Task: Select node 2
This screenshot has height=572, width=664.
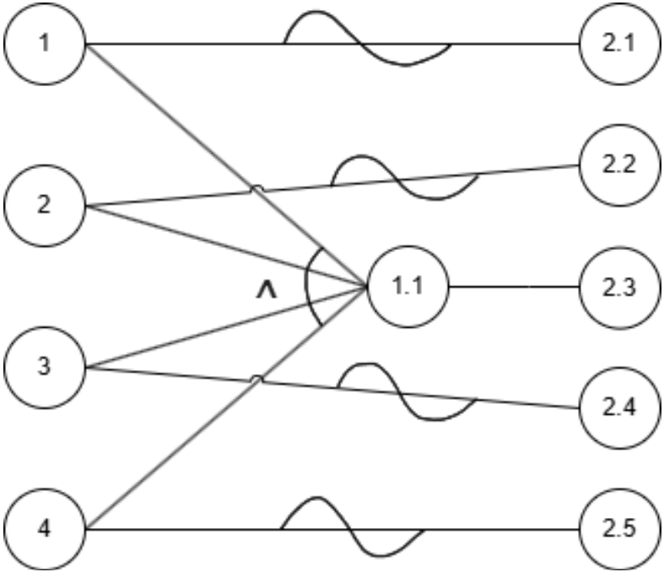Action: pyautogui.click(x=46, y=205)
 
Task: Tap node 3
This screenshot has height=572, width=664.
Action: pyautogui.click(x=46, y=367)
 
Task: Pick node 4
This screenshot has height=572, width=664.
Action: pyautogui.click(x=46, y=530)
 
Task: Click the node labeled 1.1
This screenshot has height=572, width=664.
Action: pyautogui.click(x=408, y=286)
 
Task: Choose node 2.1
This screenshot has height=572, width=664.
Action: pyautogui.click(x=619, y=43)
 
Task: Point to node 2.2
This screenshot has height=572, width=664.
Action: pyautogui.click(x=619, y=165)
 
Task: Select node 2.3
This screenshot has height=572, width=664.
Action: pyautogui.click(x=619, y=286)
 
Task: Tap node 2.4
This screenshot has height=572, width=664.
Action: pyautogui.click(x=619, y=408)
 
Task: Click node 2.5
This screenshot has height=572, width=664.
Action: pyautogui.click(x=619, y=530)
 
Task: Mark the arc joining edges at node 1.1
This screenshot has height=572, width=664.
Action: pyautogui.click(x=307, y=286)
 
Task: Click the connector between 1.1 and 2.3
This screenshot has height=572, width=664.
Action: pyautogui.click(x=513, y=286)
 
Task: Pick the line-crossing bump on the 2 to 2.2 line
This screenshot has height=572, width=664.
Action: pyautogui.click(x=256, y=191)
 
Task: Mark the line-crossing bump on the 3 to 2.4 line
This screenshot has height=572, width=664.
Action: pyautogui.click(x=257, y=379)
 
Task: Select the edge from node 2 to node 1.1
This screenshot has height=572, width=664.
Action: pyautogui.click(x=228, y=246)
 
